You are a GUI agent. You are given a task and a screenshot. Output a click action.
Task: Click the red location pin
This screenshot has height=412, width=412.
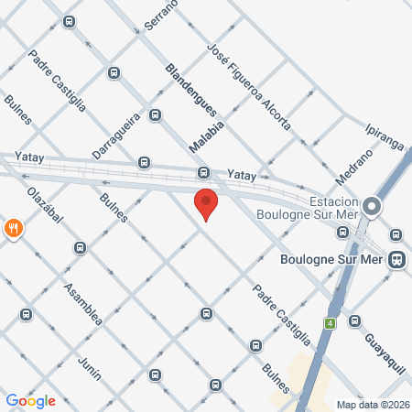[206, 203]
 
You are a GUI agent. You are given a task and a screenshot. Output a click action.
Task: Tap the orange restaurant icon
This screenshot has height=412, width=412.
[13, 229]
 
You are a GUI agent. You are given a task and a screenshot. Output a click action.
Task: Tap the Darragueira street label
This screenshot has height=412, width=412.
[114, 136]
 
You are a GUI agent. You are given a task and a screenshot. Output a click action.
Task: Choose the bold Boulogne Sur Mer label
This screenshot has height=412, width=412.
[336, 259]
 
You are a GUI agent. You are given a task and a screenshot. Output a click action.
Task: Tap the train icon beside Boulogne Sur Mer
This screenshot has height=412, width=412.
[396, 259]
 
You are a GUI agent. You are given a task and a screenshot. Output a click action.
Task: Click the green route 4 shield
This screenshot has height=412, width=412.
[329, 322]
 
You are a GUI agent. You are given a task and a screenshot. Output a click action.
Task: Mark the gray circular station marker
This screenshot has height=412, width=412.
[372, 207]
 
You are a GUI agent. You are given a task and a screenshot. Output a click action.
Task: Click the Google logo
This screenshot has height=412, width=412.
[30, 400]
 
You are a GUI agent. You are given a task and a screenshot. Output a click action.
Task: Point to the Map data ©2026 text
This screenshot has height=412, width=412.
[373, 405]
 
